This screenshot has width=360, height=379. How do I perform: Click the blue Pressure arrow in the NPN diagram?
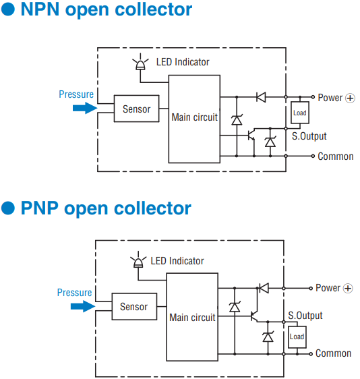click(x=85, y=108)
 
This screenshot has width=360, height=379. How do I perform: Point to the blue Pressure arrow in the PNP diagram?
click(x=83, y=306)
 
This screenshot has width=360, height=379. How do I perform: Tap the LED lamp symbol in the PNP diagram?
click(x=138, y=260)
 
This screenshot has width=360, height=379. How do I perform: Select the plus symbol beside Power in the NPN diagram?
click(x=350, y=98)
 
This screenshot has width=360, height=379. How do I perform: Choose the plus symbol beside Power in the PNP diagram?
click(x=348, y=288)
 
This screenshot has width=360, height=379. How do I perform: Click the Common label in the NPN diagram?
click(x=336, y=156)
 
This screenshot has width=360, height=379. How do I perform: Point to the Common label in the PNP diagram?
click(x=334, y=353)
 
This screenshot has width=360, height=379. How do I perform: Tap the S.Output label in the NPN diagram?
click(x=309, y=136)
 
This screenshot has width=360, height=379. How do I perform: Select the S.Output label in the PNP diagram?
click(x=305, y=316)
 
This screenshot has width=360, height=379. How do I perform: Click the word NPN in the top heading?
click(x=40, y=9)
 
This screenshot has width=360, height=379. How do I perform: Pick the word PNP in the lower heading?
click(x=40, y=208)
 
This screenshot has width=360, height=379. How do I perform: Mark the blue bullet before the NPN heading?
click(x=8, y=9)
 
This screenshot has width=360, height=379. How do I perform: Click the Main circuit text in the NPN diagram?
click(x=195, y=117)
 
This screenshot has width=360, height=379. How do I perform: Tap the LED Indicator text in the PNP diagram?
click(x=177, y=261)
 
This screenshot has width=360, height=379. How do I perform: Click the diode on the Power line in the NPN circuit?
click(x=261, y=97)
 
